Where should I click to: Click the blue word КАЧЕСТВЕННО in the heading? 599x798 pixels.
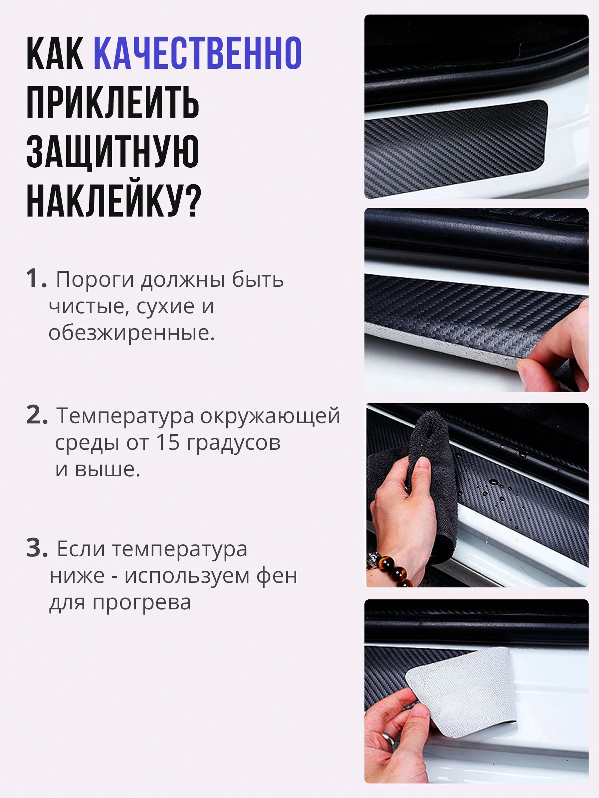(197, 53)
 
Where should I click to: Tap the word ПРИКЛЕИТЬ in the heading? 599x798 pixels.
(112, 102)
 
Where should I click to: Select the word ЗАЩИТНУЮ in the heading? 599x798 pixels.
(112, 152)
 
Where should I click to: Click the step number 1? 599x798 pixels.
(37, 278)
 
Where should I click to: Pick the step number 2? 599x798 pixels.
(37, 415)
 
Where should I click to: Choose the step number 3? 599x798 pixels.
(37, 548)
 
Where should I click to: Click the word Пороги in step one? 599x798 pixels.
(95, 280)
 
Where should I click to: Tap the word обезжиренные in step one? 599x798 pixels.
(132, 333)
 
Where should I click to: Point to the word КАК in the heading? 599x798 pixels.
(55, 53)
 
